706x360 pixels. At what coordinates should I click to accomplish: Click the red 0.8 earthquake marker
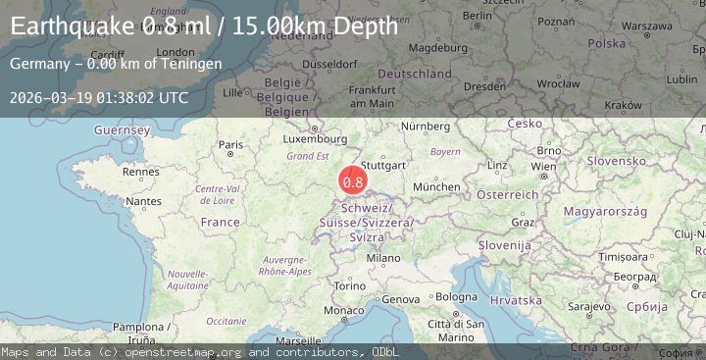point(353,180)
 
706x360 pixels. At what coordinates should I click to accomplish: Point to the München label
point(436,185)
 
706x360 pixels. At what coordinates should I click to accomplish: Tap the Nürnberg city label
point(425,127)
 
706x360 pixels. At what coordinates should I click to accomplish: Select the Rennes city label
point(142,172)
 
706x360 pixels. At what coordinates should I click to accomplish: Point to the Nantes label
point(143,201)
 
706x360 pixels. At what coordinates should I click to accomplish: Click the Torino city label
point(349,285)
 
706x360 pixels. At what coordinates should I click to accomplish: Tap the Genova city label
point(401,298)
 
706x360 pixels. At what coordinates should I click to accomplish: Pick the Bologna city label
point(456,296)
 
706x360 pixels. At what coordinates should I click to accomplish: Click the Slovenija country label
point(505,244)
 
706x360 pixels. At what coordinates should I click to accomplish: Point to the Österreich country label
point(507,194)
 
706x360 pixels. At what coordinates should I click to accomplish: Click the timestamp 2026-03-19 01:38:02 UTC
point(99,97)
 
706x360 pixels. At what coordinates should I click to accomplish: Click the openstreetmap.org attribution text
point(196,351)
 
